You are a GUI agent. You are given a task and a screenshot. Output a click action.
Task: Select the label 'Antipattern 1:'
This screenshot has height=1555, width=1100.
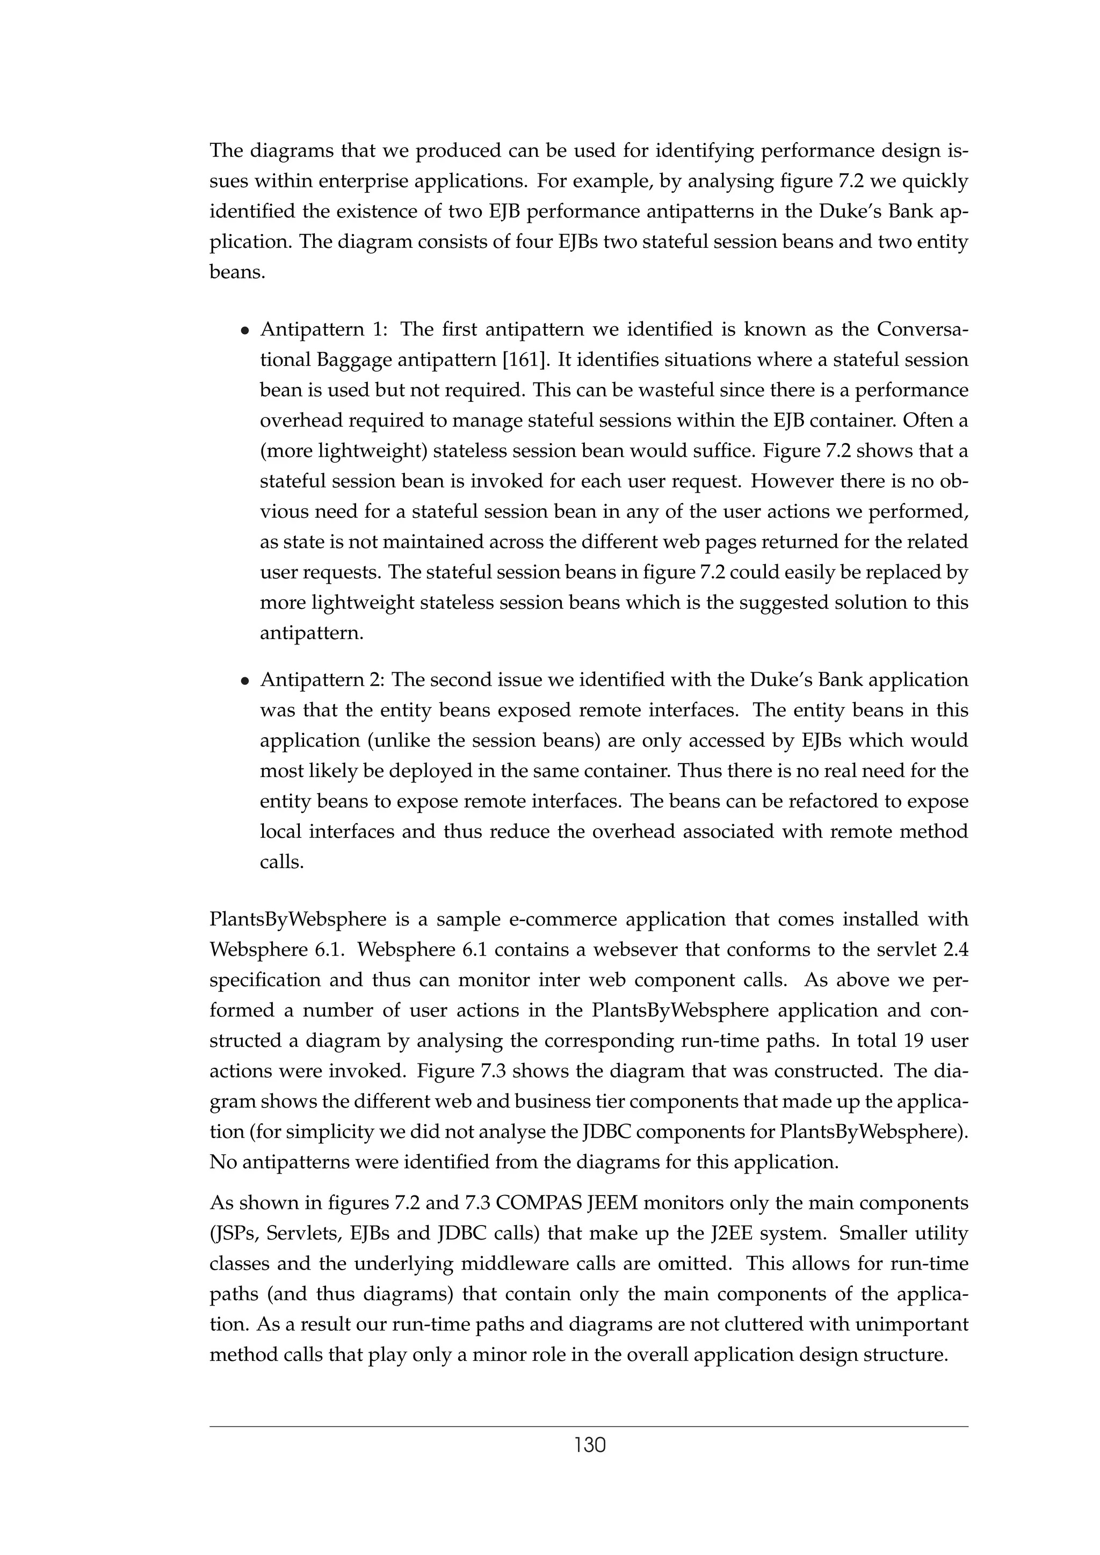[x=322, y=330]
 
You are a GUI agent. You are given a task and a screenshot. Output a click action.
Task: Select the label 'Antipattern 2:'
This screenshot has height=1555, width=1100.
[x=322, y=679]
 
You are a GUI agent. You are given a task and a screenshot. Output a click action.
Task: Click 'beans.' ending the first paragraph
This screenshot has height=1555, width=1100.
[x=236, y=272]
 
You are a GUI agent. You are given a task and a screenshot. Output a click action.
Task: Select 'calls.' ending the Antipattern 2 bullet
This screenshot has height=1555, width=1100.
[x=280, y=862]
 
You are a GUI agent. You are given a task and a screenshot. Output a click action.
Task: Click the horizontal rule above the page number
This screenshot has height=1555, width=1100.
[x=589, y=1427]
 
